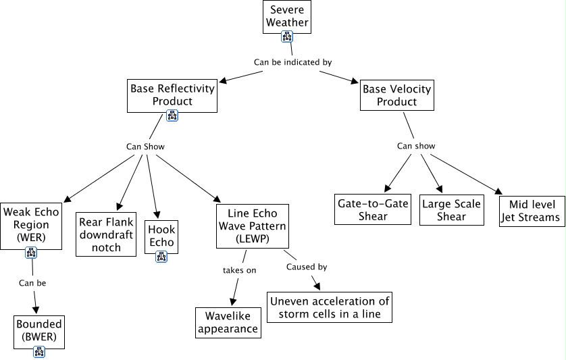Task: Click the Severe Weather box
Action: (287, 16)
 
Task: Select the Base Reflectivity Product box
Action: (172, 95)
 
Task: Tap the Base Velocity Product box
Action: (396, 95)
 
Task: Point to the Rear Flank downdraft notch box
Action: (107, 234)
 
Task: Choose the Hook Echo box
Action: (161, 233)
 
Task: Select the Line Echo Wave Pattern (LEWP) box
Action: (252, 226)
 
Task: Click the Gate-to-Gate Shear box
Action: (373, 210)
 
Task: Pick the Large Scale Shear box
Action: (451, 210)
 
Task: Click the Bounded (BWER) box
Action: (39, 330)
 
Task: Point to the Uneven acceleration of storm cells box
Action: (329, 307)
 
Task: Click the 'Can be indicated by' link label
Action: (292, 62)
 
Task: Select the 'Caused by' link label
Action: (307, 267)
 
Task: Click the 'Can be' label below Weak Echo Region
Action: (32, 283)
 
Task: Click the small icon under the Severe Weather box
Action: (287, 37)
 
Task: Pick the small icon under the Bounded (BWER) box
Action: (39, 351)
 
